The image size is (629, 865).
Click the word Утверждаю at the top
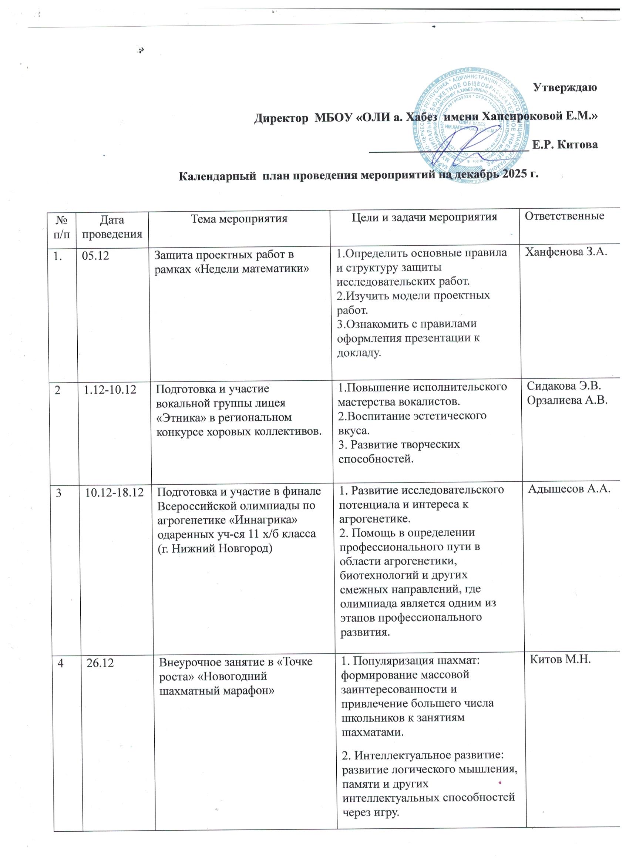(x=565, y=88)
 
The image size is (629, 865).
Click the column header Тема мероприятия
(x=239, y=219)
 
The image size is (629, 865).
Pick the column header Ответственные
(x=565, y=216)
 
